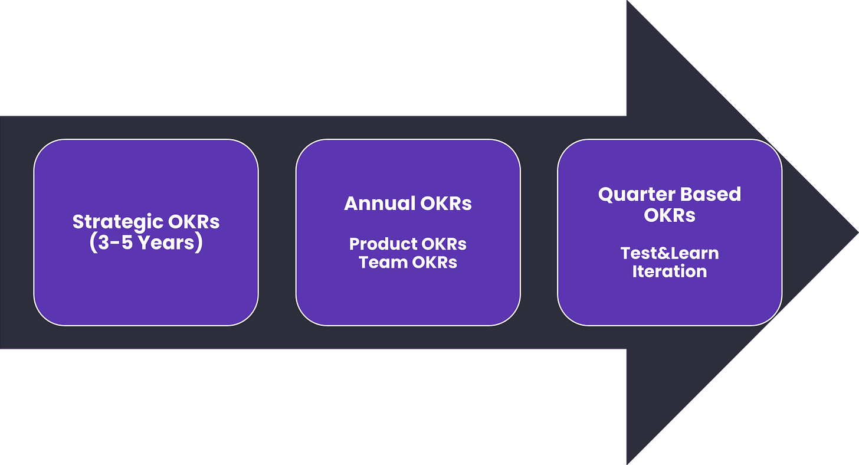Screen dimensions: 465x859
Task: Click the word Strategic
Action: (117, 222)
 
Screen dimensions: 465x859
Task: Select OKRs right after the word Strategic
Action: (194, 222)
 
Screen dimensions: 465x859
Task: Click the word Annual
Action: (380, 204)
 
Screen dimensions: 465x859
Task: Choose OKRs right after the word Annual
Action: (447, 204)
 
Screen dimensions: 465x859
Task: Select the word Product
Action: (383, 244)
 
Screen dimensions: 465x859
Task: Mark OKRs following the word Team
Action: (432, 262)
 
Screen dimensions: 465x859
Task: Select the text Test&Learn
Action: (670, 254)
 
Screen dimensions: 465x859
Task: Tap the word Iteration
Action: (670, 271)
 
